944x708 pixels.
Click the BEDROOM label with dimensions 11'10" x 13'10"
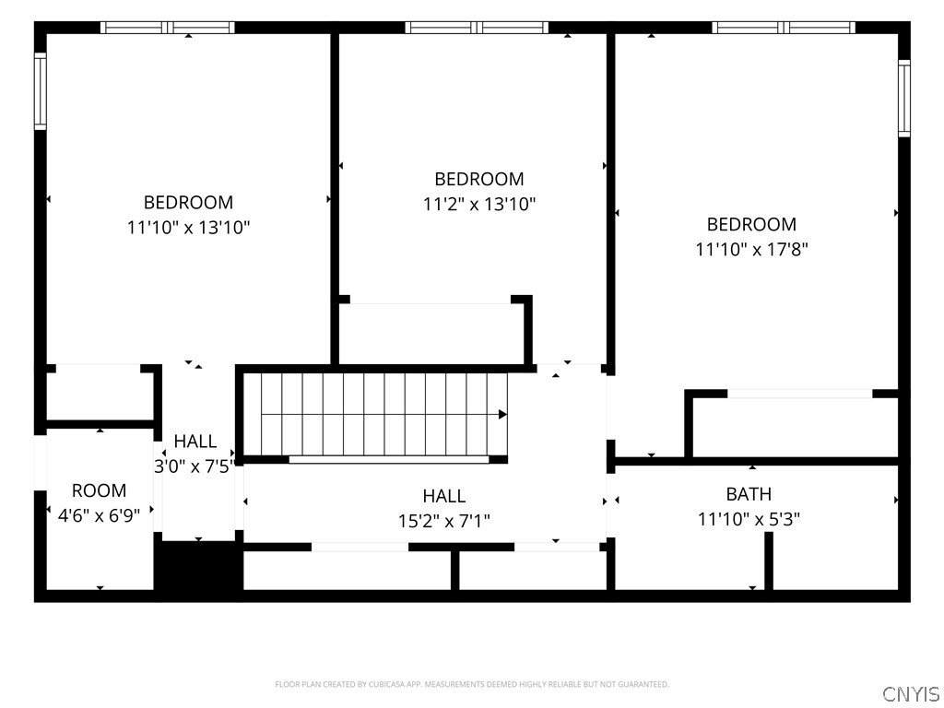pos(188,202)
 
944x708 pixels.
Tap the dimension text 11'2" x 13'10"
pos(479,205)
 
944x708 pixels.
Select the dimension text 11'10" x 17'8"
pos(752,249)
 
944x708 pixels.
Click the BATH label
pos(749,494)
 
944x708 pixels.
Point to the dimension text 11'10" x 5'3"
pos(749,519)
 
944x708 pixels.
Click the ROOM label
pos(99,490)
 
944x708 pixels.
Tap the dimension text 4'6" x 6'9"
pos(99,515)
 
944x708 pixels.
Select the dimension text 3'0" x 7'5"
pos(194,466)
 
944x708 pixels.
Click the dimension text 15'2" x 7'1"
pos(443,521)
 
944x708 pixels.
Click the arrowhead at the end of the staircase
pos(502,414)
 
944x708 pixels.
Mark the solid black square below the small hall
pos(199,566)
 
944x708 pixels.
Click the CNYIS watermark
pos(910,693)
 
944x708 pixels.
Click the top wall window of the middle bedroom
pos(477,27)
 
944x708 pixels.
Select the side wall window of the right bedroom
pos(904,98)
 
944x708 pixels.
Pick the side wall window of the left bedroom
pos(40,91)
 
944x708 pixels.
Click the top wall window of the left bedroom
pos(168,27)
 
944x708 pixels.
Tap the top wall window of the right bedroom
pos(784,27)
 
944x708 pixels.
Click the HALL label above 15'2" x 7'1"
pos(443,496)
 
